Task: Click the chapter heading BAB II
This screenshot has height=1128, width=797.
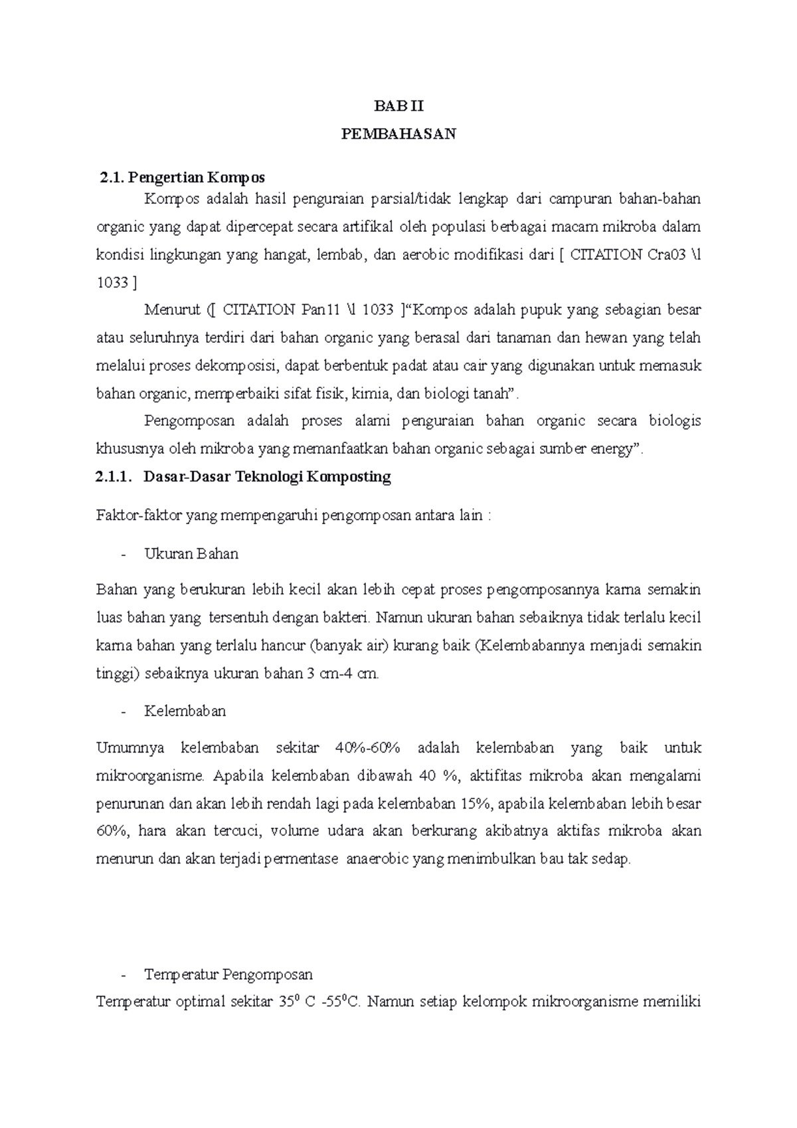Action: [x=398, y=106]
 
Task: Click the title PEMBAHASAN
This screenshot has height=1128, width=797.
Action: [x=398, y=134]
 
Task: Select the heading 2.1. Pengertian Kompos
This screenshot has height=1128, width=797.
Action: [x=181, y=177]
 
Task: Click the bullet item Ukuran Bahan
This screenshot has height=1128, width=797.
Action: [x=191, y=553]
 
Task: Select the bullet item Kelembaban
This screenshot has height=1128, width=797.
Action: [x=185, y=711]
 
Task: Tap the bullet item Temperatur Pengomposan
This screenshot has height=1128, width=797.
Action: [x=228, y=975]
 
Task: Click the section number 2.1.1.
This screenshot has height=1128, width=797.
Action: [x=114, y=476]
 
